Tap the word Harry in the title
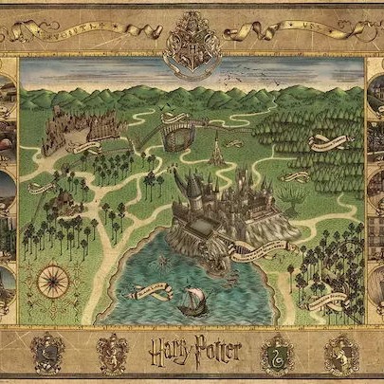click(168, 353)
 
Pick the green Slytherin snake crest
click(277, 354)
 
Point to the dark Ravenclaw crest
click(47, 353)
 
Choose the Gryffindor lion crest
click(113, 353)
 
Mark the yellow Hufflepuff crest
click(339, 353)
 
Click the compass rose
click(51, 280)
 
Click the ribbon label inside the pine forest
click(329, 144)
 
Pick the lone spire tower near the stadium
click(217, 147)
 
